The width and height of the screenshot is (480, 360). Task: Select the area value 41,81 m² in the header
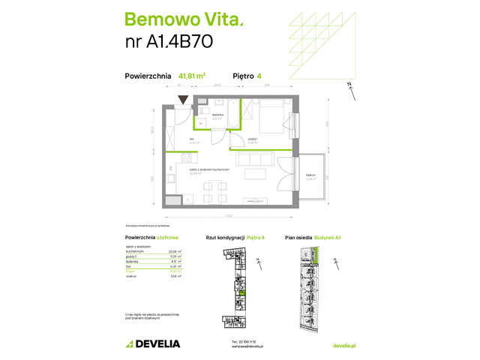coord(193,75)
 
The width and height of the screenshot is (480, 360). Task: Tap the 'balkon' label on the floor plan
coord(310,175)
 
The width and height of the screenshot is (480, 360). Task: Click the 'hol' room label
coord(171,139)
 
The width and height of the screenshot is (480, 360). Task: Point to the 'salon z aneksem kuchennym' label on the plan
coord(208,170)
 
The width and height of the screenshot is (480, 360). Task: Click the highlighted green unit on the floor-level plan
coord(241,294)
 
